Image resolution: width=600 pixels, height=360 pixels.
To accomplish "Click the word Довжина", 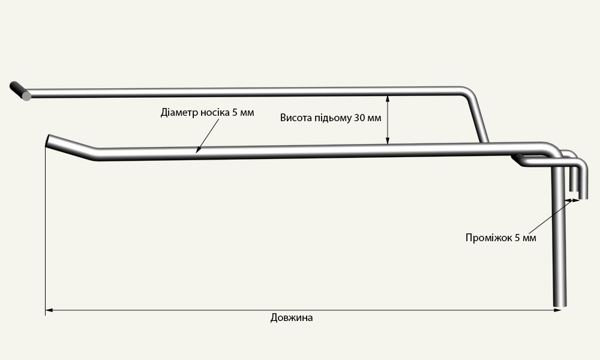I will pos(292,318).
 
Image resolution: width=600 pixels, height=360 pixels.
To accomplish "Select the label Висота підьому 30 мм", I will pos(330,118).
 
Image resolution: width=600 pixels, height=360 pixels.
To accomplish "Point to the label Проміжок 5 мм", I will pos(500,238).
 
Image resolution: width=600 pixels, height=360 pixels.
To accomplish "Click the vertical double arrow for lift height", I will pos(388,119).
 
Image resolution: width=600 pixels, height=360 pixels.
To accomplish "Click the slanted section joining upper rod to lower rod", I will pos(479,120).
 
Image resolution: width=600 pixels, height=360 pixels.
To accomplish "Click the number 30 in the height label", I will pos(359,118).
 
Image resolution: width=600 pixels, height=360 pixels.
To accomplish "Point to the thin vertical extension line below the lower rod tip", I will pos(46,228).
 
